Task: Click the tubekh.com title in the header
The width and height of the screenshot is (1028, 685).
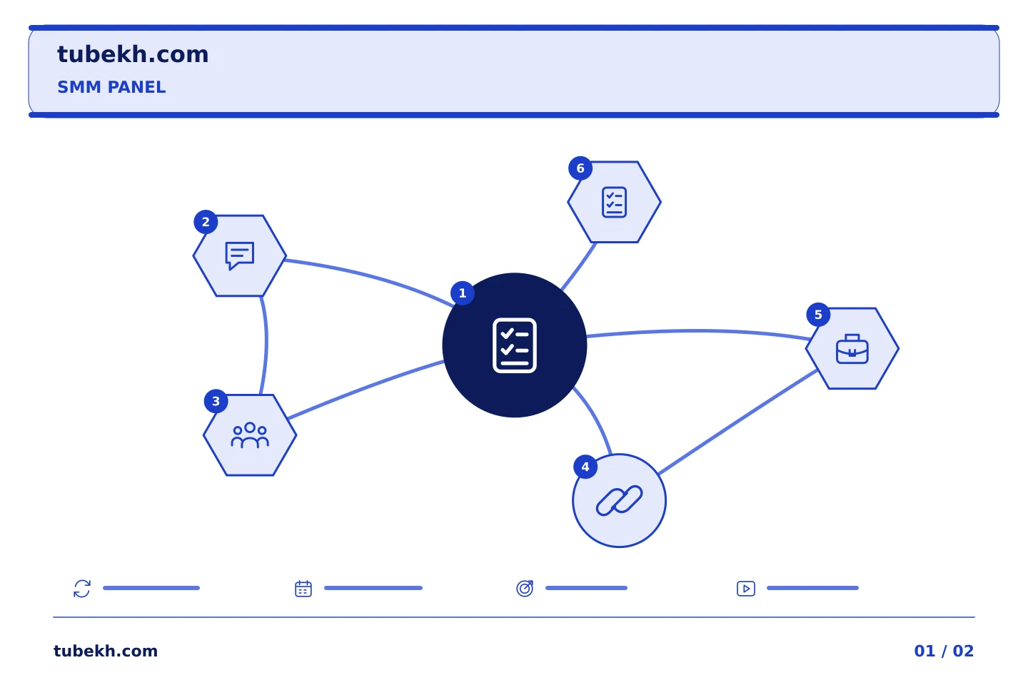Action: click(133, 54)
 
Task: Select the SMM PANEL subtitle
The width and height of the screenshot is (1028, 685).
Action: click(111, 87)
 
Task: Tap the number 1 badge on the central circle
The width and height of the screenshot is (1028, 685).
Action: click(462, 293)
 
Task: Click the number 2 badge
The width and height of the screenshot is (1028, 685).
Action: click(206, 222)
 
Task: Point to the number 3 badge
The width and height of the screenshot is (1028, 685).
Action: click(216, 402)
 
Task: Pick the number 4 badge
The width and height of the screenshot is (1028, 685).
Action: click(585, 467)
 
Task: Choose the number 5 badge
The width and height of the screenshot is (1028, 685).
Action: click(818, 315)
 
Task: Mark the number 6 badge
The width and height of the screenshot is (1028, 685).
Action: click(580, 168)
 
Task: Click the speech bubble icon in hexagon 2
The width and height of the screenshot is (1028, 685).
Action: click(240, 255)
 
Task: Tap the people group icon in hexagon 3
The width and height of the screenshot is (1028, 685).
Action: click(250, 435)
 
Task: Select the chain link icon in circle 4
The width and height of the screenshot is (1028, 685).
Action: click(619, 501)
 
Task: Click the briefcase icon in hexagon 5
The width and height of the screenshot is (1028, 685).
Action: click(852, 349)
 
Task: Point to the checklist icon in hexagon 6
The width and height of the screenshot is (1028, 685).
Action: click(614, 203)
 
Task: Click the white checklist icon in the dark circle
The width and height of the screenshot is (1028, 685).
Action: click(515, 345)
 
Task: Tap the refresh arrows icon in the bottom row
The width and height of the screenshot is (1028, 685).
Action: click(82, 589)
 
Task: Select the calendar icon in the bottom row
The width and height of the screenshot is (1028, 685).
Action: click(303, 589)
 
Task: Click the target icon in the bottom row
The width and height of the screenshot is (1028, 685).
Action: click(525, 588)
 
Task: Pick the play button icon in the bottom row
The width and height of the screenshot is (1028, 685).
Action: click(746, 589)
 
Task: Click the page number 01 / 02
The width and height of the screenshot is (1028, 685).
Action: click(944, 651)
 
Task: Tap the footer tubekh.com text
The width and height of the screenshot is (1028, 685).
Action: click(106, 651)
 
